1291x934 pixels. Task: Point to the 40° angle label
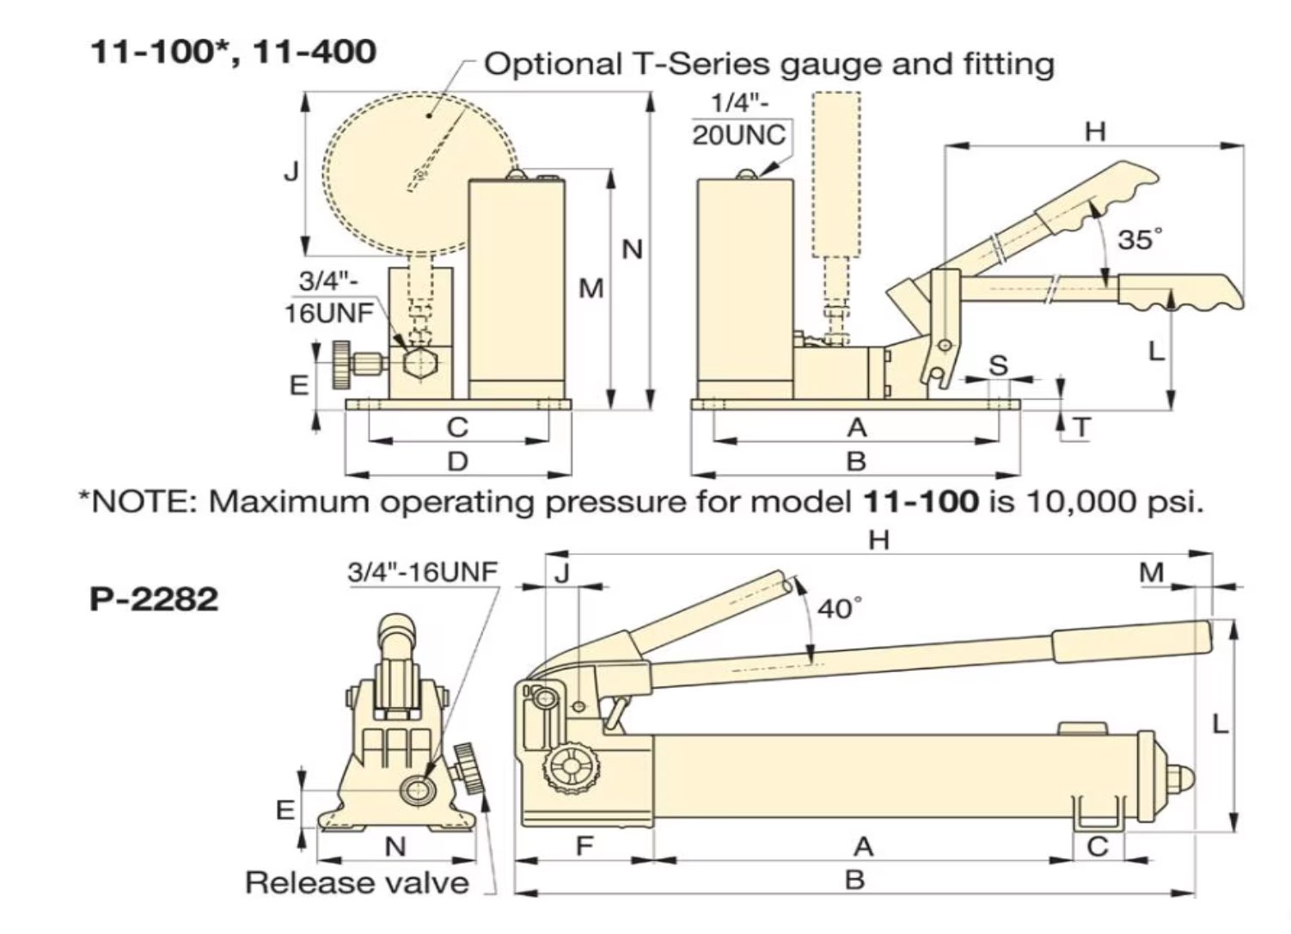(839, 609)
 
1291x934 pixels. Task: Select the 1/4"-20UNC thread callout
(738, 120)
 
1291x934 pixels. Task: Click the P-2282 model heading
(154, 598)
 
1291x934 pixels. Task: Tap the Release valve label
(357, 882)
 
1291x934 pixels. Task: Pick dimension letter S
(998, 365)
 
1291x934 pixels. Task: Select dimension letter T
(1082, 427)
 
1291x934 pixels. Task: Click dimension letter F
(584, 846)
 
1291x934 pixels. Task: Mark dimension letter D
(457, 462)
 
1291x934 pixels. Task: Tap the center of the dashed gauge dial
(419, 175)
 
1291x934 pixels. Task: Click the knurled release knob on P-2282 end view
(471, 770)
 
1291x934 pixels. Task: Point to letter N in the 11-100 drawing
(632, 249)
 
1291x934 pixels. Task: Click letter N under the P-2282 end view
(395, 846)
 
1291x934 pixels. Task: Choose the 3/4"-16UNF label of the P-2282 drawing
(423, 572)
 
